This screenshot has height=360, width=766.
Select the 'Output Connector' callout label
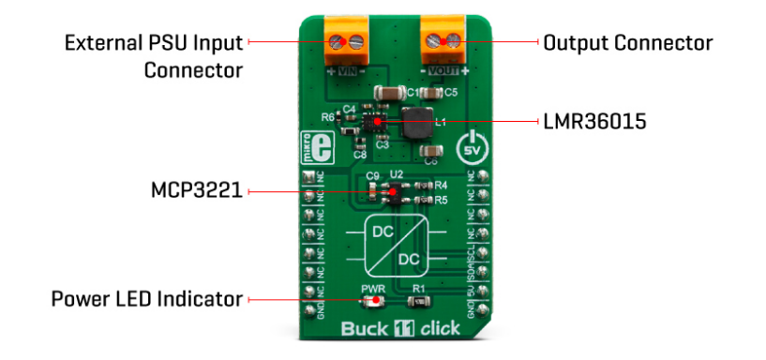click(627, 43)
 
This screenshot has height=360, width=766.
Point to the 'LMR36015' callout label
click(593, 122)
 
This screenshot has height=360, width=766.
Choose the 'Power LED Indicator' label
click(147, 300)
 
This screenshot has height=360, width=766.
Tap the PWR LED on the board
click(374, 301)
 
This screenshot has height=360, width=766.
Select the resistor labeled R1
click(419, 301)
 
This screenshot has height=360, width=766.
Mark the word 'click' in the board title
click(439, 329)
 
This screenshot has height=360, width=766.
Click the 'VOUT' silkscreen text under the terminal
click(443, 69)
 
